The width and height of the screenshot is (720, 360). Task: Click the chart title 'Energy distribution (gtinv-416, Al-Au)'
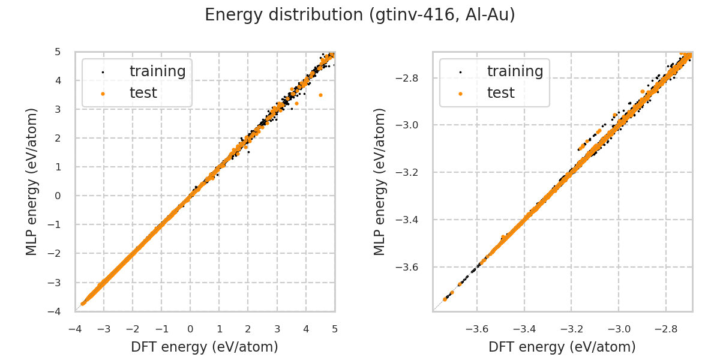pos(360,15)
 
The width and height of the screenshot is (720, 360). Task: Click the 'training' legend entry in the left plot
pos(157,71)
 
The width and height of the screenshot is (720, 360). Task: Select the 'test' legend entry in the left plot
pos(143,93)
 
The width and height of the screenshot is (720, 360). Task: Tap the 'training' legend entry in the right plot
pos(515,71)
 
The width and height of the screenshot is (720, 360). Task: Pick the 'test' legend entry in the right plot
pos(500,93)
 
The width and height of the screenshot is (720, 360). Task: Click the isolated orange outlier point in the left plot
pos(320,95)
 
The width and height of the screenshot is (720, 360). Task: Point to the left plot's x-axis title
pos(205,347)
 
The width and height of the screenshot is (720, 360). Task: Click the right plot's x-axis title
pos(562,347)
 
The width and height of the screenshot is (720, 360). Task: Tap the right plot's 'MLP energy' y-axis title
pos(380,181)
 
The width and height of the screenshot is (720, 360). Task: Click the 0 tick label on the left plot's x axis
pos(190,329)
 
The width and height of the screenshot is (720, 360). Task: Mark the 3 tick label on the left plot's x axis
pos(277,329)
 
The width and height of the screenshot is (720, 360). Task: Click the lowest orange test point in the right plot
pos(445,299)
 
